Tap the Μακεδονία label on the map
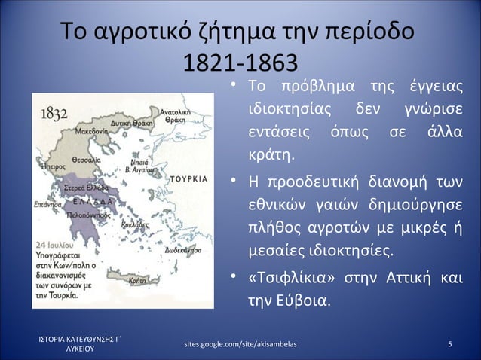pyautogui.click(x=89, y=130)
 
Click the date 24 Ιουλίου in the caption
pyautogui.click(x=54, y=245)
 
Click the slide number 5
pyautogui.click(x=449, y=345)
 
